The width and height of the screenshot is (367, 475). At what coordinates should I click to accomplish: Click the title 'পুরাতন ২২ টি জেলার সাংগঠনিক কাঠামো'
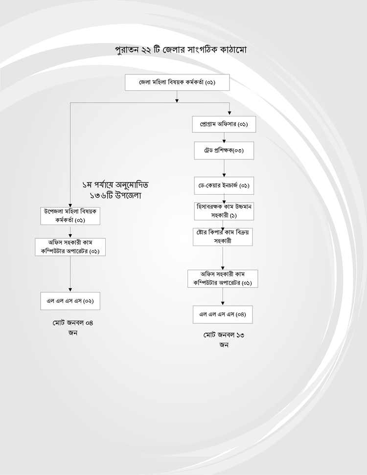click(181, 49)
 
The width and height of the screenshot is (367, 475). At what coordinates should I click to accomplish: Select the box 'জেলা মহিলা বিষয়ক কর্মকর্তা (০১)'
click(177, 82)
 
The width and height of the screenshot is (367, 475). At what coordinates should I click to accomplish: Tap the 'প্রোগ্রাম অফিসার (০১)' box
click(224, 124)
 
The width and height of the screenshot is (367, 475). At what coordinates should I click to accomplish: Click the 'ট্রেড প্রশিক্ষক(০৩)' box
click(224, 151)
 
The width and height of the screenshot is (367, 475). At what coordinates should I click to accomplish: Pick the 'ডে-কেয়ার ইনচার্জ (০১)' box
click(224, 185)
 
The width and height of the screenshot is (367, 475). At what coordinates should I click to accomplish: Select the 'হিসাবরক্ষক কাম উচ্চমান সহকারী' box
click(224, 211)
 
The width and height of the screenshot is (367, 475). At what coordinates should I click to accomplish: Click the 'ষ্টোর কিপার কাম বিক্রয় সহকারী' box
click(223, 237)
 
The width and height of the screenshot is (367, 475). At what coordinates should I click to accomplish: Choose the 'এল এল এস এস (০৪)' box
click(223, 315)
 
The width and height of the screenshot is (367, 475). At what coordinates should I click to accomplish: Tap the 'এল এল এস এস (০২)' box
click(70, 301)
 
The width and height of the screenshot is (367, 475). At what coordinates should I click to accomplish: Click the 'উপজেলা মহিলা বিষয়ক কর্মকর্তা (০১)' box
click(70, 216)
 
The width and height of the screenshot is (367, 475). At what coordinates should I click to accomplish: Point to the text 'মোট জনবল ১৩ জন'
click(224, 339)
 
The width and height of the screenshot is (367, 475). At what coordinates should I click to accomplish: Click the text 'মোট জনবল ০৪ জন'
click(73, 327)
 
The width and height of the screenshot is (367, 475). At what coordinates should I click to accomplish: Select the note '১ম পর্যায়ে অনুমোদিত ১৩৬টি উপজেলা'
click(115, 190)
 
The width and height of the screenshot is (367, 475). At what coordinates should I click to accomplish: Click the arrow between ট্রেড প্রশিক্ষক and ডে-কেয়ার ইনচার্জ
click(224, 168)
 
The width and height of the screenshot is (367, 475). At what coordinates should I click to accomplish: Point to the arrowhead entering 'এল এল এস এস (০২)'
click(70, 290)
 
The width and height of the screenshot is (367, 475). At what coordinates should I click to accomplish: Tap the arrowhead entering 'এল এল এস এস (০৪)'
click(223, 303)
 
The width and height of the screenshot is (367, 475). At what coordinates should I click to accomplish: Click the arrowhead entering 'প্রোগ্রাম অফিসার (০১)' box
click(229, 113)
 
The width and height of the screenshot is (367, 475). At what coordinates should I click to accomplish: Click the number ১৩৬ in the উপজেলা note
click(97, 196)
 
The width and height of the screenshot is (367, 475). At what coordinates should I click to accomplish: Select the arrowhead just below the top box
click(177, 101)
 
